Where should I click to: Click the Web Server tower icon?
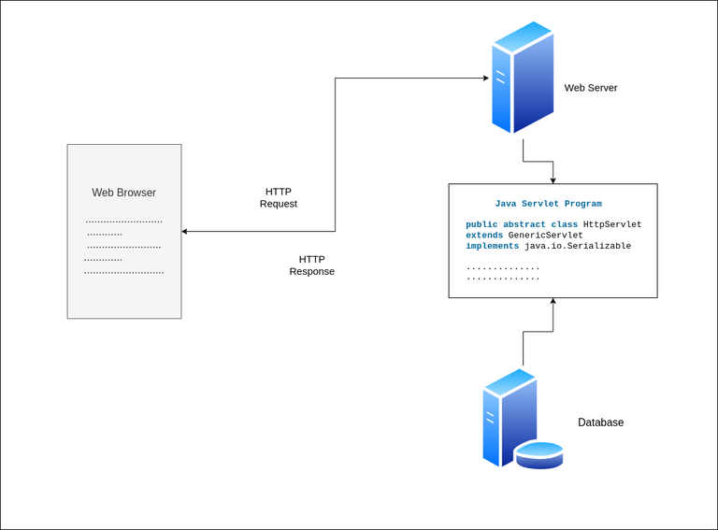tap(522, 79)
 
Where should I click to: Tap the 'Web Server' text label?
tap(590, 88)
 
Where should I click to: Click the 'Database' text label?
tap(600, 423)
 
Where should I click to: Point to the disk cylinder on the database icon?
tap(539, 454)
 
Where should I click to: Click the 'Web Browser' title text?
tap(123, 193)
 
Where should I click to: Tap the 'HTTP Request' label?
tap(279, 197)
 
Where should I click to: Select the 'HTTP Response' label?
tap(311, 265)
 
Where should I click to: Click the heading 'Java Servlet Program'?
tap(548, 203)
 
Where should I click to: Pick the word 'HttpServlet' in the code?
tap(612, 225)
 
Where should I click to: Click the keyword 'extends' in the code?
tap(484, 236)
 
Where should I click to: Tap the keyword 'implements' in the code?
tap(492, 246)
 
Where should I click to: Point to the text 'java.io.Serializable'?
tap(578, 246)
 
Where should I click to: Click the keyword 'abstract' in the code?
tap(524, 225)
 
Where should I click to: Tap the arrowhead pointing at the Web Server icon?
tap(484, 79)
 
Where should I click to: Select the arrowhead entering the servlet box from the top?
tap(553, 179)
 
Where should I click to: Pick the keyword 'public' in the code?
tap(481, 225)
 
